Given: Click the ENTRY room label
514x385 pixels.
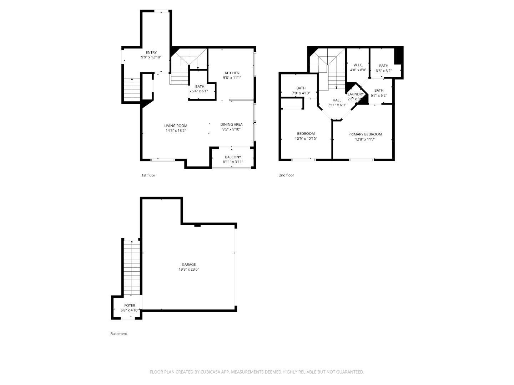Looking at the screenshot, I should pyautogui.click(x=151, y=52).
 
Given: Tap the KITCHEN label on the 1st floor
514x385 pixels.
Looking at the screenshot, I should pyautogui.click(x=232, y=73).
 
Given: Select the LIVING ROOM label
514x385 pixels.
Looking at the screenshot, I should pyautogui.click(x=176, y=125).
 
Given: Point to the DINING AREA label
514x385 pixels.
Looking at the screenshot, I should pyautogui.click(x=231, y=124).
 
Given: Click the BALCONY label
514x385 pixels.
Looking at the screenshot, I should pyautogui.click(x=233, y=157).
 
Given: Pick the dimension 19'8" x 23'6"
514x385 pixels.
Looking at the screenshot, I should pyautogui.click(x=189, y=269).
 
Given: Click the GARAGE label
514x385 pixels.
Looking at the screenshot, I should pyautogui.click(x=189, y=265).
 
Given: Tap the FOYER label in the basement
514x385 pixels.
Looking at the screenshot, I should pyautogui.click(x=130, y=306).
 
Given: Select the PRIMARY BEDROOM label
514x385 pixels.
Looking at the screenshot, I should pyautogui.click(x=365, y=134).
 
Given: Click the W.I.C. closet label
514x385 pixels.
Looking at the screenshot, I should pyautogui.click(x=358, y=65).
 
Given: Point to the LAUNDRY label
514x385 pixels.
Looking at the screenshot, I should pyautogui.click(x=356, y=94).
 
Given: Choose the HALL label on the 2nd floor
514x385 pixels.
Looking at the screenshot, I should pyautogui.click(x=337, y=100).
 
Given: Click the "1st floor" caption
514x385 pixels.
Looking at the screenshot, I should pyautogui.click(x=148, y=175).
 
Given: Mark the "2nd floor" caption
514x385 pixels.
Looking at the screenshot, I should pyautogui.click(x=286, y=175).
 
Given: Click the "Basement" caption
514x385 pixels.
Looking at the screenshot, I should pyautogui.click(x=119, y=334).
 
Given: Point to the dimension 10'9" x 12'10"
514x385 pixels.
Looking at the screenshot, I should pyautogui.click(x=306, y=139).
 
